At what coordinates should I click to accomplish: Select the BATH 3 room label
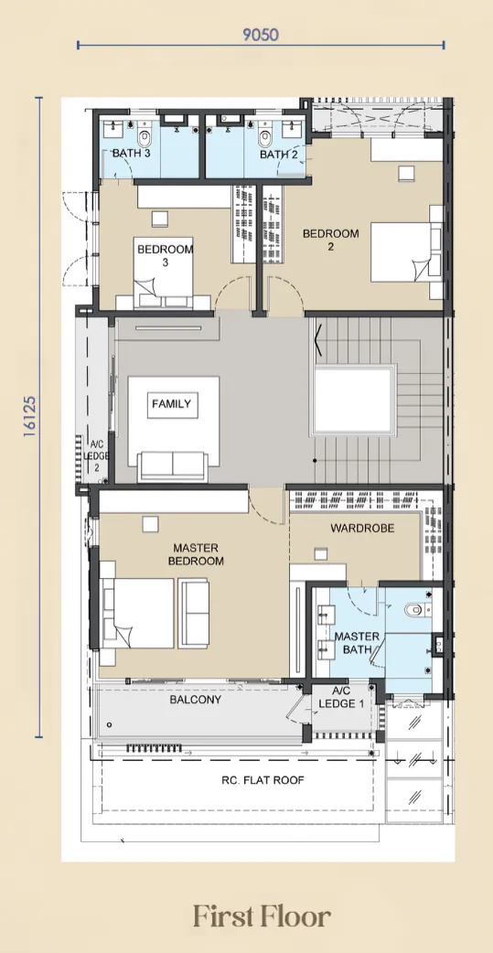pos(132,153)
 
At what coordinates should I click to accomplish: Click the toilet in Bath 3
pos(145,139)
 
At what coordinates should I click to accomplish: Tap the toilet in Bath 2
pos(265,139)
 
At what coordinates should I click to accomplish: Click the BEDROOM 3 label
pos(166,255)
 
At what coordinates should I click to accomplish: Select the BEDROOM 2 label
pos(331,240)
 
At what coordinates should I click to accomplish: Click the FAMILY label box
pos(172,404)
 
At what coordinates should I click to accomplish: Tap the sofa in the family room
pos(173,466)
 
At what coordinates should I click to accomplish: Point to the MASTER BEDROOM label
pos(196,554)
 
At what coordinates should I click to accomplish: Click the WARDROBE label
pos(362,528)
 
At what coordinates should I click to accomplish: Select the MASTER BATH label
pos(357,643)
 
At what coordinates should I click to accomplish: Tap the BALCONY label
pos(195,700)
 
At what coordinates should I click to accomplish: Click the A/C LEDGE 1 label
pos(342,698)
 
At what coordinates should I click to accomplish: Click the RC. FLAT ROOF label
pos(263,780)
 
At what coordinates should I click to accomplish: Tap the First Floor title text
pos(262,916)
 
